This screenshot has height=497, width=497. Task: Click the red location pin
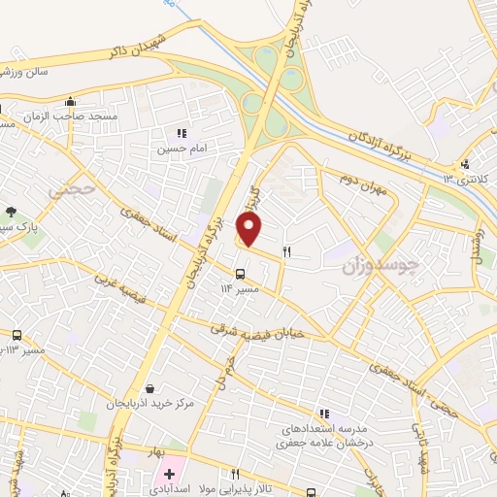tap(249, 229)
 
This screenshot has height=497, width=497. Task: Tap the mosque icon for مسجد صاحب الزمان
tap(70, 102)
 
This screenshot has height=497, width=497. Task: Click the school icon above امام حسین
tap(182, 134)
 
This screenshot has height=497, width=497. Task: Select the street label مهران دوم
tap(363, 184)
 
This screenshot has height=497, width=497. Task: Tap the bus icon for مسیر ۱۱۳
tap(17, 335)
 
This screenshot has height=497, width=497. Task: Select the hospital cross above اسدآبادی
tap(169, 475)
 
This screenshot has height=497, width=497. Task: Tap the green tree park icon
tap(12, 212)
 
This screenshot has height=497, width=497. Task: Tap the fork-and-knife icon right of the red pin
tap(286, 251)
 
